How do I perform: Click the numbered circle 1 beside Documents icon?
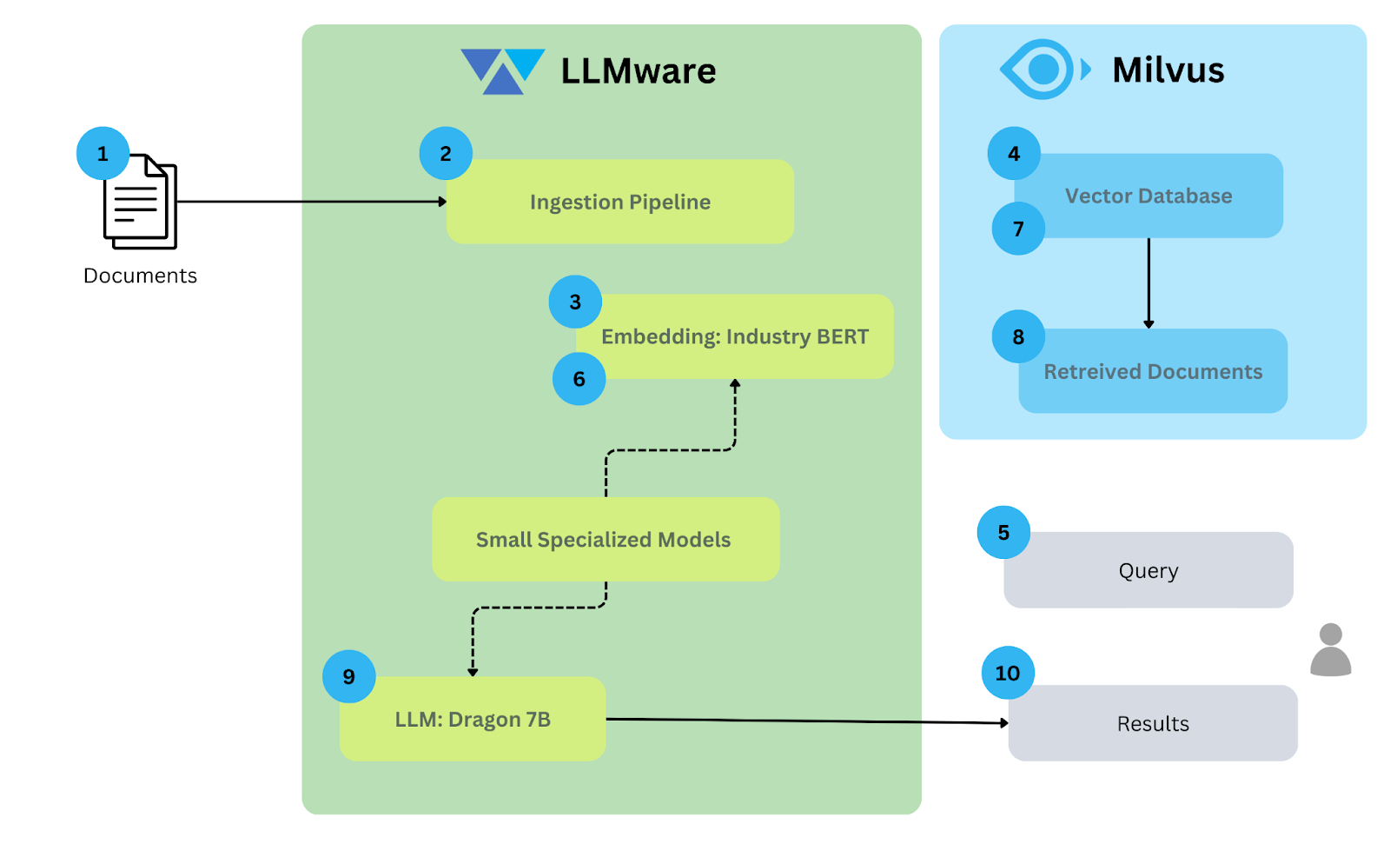click(103, 154)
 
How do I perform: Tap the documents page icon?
click(140, 203)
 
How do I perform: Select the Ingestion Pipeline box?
click(619, 202)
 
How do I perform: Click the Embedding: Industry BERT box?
click(735, 336)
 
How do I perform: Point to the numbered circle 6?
click(579, 379)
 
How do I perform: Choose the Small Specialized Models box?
click(605, 540)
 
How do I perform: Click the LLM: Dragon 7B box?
click(473, 720)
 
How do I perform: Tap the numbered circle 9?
click(348, 676)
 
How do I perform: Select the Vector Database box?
click(1148, 196)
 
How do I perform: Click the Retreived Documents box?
click(1153, 372)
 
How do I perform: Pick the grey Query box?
click(1148, 571)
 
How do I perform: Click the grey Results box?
click(1153, 724)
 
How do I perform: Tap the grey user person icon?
click(1330, 651)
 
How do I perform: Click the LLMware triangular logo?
click(502, 70)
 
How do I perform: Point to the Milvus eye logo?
click(1042, 70)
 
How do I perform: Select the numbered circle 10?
click(1008, 673)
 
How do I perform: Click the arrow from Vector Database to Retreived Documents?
click(1148, 282)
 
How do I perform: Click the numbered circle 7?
click(1018, 229)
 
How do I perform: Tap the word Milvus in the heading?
click(1168, 70)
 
